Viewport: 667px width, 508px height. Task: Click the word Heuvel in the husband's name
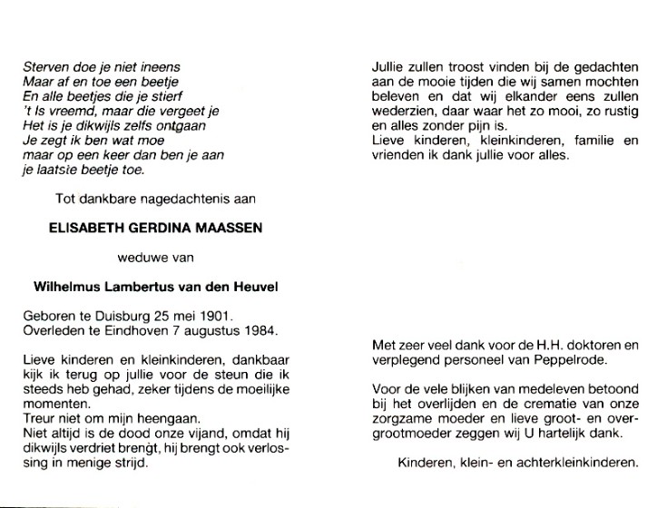tap(252, 287)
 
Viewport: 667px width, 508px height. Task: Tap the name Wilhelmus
tap(66, 287)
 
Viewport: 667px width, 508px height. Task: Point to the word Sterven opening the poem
tap(44, 66)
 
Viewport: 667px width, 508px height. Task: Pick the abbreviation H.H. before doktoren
tap(544, 345)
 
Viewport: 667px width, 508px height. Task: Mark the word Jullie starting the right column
tap(389, 66)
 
